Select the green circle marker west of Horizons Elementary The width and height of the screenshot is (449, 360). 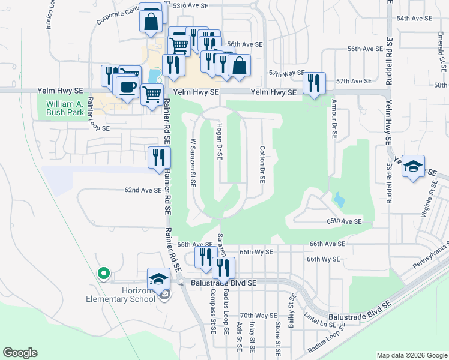pyautogui.click(x=103, y=274)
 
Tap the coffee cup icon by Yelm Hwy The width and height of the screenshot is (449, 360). pyautogui.click(x=126, y=88)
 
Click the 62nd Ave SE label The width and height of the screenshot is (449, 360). pyautogui.click(x=143, y=190)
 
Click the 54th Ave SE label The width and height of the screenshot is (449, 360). pyautogui.click(x=414, y=19)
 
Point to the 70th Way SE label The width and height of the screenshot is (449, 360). pyautogui.click(x=258, y=315)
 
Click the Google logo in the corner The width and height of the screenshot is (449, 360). pyautogui.click(x=20, y=353)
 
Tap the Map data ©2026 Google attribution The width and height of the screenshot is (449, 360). pyautogui.click(x=411, y=355)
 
